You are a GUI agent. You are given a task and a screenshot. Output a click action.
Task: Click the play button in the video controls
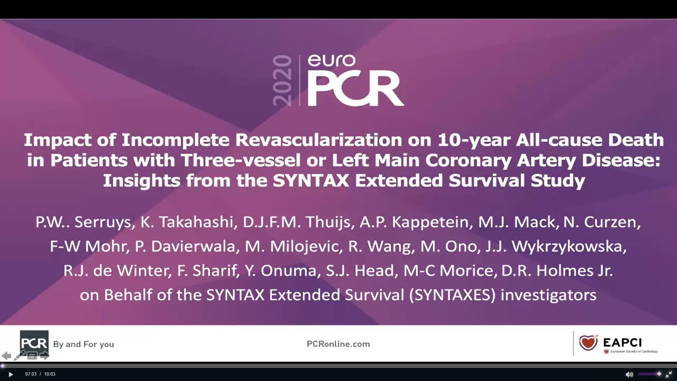click(x=11, y=374)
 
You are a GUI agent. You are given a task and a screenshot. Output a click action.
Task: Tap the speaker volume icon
click(x=629, y=374)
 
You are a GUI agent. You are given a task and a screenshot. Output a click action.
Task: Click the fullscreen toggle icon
click(x=669, y=374)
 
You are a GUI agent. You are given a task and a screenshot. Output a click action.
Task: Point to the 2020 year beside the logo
click(x=282, y=80)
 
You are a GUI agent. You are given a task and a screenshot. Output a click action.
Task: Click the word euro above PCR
click(x=331, y=61)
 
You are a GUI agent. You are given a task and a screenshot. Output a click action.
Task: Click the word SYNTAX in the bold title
click(x=311, y=181)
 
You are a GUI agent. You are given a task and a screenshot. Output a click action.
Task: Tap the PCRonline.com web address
click(x=338, y=344)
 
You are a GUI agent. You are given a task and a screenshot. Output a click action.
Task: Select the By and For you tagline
click(x=84, y=344)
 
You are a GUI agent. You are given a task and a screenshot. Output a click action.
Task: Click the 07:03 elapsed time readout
click(x=31, y=374)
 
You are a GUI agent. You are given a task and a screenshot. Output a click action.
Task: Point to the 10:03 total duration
click(x=50, y=374)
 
